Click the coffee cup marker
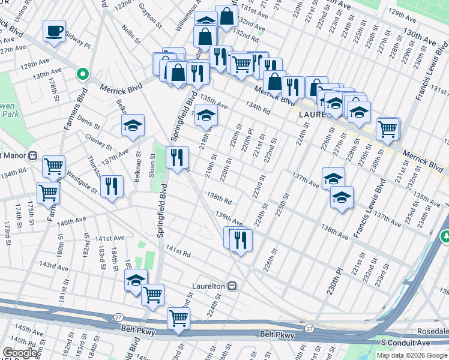coord(54,31)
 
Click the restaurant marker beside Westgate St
coord(112,186)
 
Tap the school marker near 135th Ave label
coord(205,116)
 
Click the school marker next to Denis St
coord(133,125)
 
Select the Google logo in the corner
coord(20,353)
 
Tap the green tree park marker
coord(445,238)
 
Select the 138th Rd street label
coord(219,199)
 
